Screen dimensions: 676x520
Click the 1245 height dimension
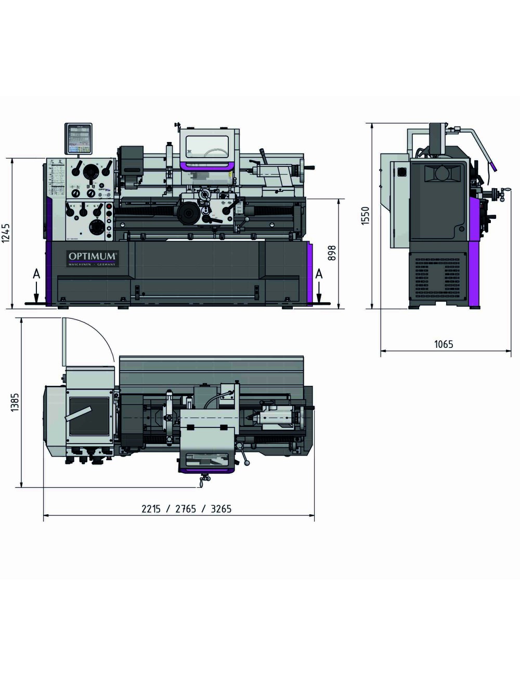(x=6, y=233)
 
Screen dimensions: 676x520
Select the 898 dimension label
(x=332, y=253)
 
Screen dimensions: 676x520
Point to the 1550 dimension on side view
(x=365, y=215)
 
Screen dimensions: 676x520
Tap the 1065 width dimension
(x=443, y=344)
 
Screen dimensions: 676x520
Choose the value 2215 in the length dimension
(x=151, y=509)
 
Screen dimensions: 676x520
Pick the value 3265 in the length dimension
(x=221, y=509)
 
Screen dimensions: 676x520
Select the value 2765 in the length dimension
(x=186, y=509)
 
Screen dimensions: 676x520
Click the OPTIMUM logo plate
(x=93, y=258)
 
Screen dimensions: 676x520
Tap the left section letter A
(x=36, y=274)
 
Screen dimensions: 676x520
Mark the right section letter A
(x=319, y=274)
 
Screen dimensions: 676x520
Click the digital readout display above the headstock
(x=78, y=138)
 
